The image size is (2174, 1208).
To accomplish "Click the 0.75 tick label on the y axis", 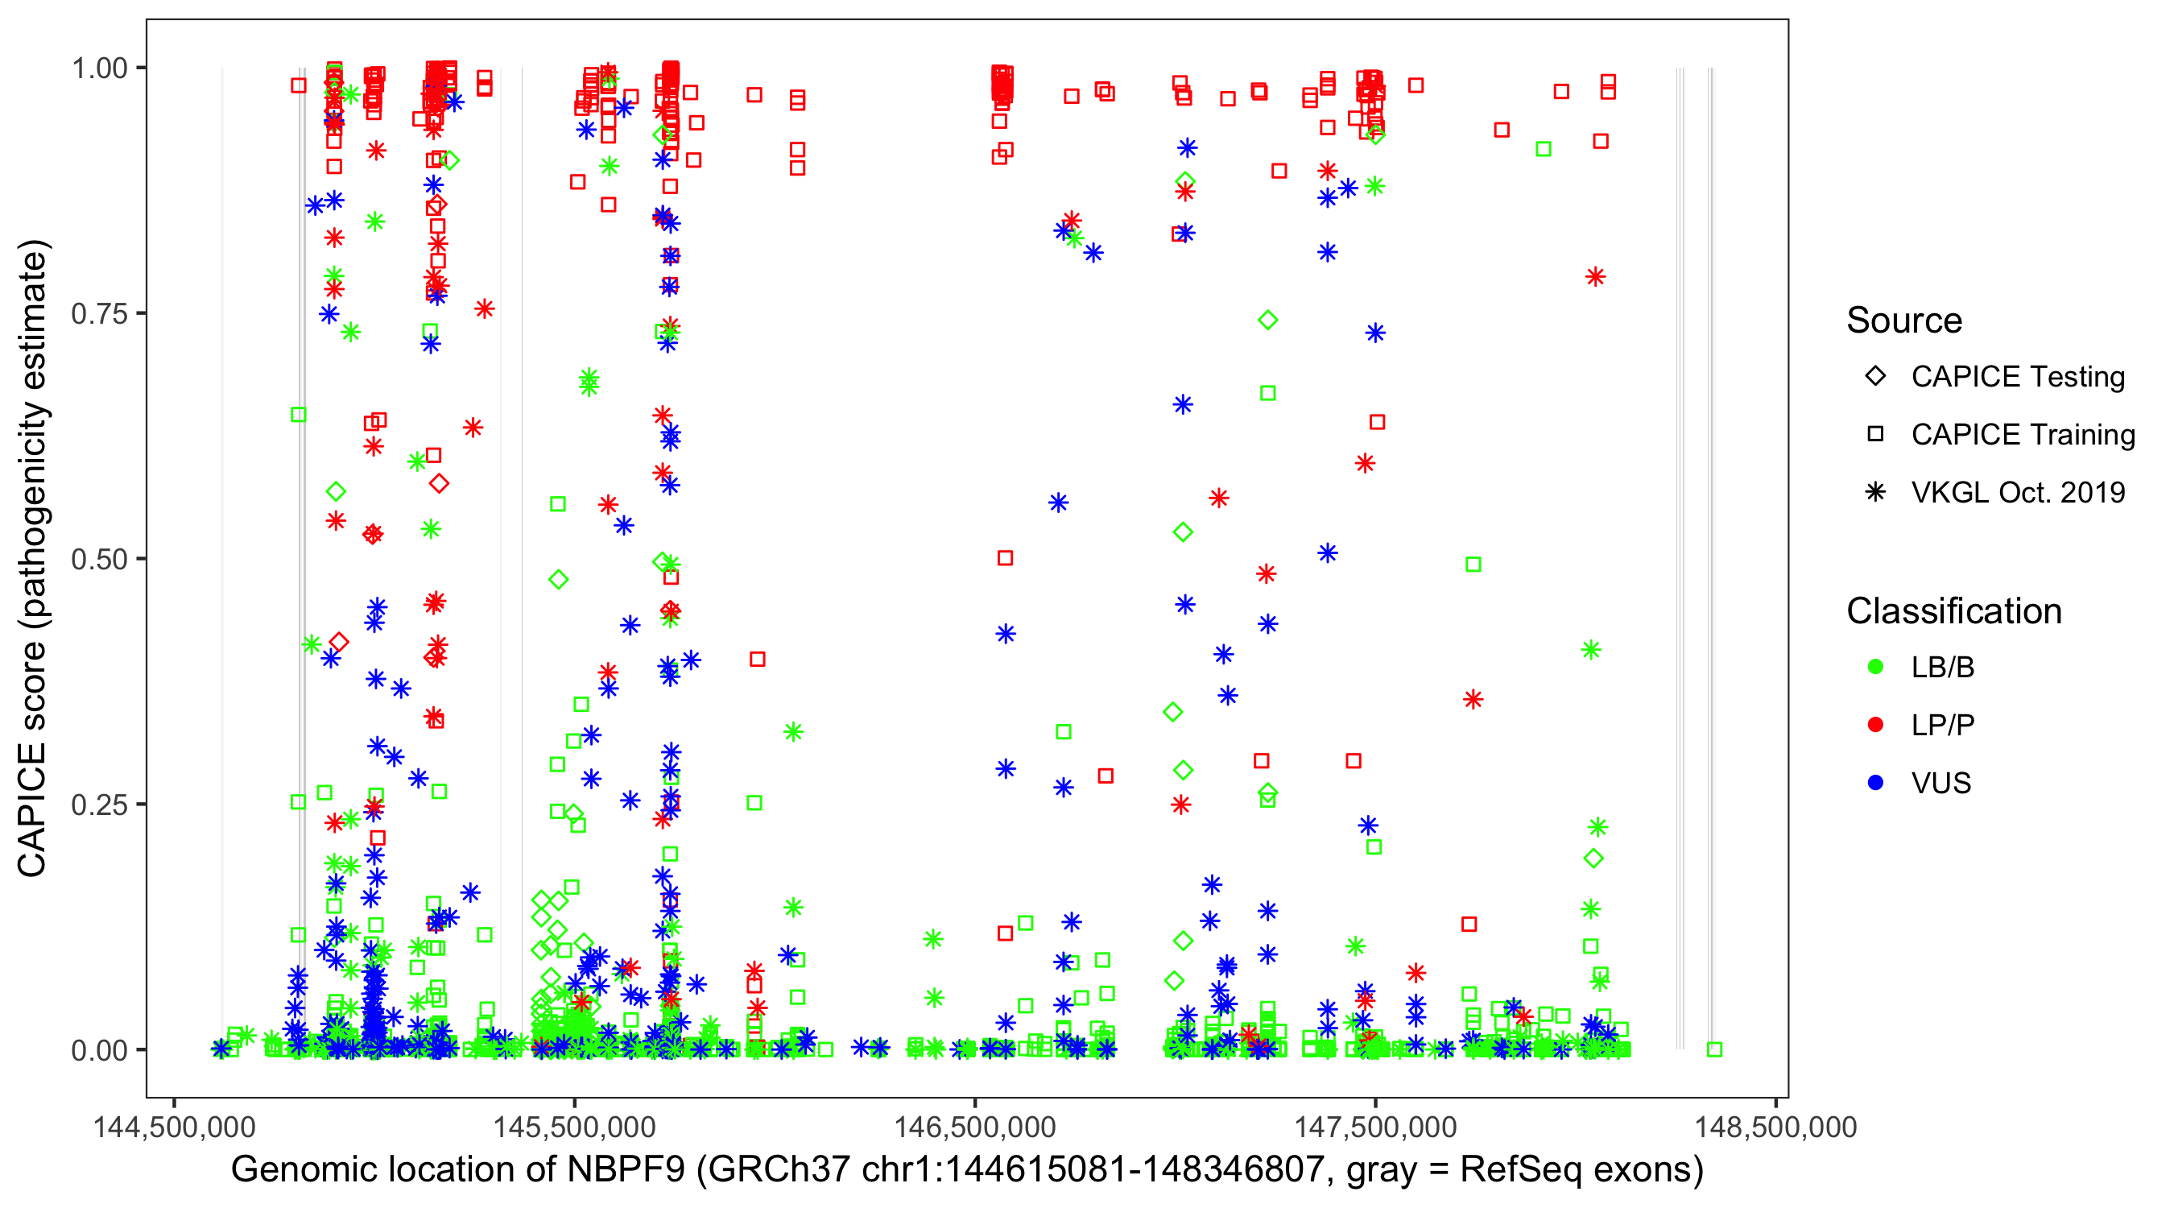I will (x=98, y=314).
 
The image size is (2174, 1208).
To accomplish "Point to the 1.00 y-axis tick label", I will (x=98, y=68).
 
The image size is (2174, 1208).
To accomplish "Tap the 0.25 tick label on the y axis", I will (x=98, y=805).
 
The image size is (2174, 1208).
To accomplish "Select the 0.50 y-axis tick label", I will (x=98, y=560).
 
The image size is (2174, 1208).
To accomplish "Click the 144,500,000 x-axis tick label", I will (x=174, y=1127).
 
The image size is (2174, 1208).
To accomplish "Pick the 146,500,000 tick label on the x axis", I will (x=975, y=1127).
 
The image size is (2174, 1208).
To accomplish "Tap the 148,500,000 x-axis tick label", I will (x=1775, y=1127).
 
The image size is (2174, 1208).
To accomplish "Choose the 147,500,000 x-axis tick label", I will (x=1374, y=1127).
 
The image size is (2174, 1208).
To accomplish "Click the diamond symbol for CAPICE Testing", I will (x=1875, y=377).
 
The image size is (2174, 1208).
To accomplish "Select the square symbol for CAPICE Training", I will (x=1875, y=435).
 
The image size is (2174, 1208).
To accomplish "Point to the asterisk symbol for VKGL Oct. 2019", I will (x=1875, y=492).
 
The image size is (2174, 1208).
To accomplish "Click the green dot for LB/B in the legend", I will (x=1875, y=667).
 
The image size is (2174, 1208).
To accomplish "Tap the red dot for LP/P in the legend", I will (x=1875, y=725).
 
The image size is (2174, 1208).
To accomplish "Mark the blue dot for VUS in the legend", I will (x=1875, y=783).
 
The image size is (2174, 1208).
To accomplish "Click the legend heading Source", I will (x=1904, y=321).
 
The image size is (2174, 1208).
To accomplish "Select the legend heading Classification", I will (x=1953, y=611).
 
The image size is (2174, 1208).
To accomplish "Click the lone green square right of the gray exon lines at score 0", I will (x=1714, y=1049).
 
